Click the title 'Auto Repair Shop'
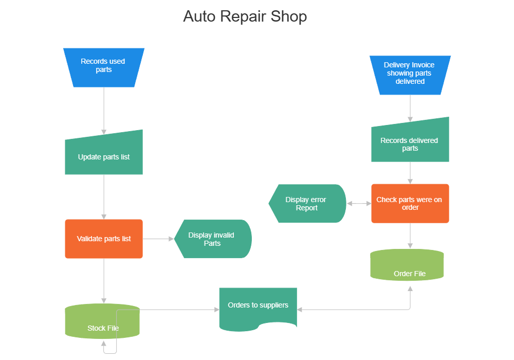245,16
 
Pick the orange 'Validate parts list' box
103,239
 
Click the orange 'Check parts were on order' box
410,203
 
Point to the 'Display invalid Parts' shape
212,239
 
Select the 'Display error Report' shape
307,204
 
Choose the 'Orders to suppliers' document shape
258,308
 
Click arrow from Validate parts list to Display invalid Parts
158,239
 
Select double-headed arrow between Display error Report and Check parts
359,204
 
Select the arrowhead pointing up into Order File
410,289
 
